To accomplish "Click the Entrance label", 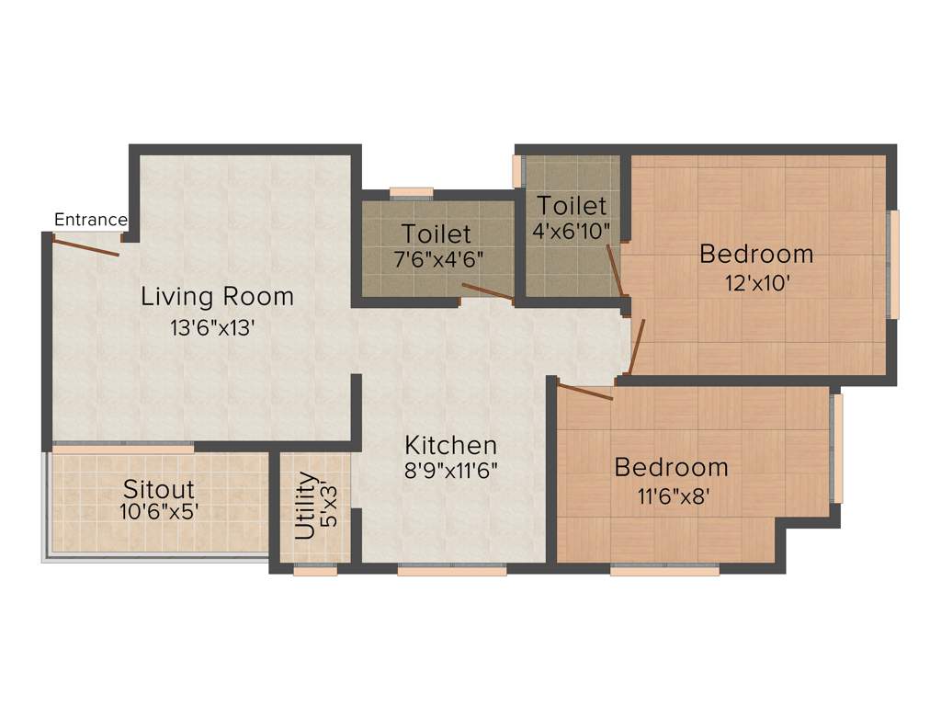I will pyautogui.click(x=90, y=220).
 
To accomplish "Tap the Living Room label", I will pyautogui.click(x=217, y=297).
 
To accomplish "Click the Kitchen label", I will pyautogui.click(x=451, y=446).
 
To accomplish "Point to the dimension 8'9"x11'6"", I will pyautogui.click(x=451, y=474).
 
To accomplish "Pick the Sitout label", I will pyautogui.click(x=159, y=487).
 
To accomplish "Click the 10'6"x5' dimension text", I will pyautogui.click(x=159, y=512).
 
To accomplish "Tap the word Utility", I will pyautogui.click(x=306, y=506).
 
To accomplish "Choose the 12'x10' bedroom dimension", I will pyautogui.click(x=757, y=283).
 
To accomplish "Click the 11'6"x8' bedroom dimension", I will pyautogui.click(x=671, y=497).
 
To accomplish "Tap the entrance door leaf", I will pyautogui.click(x=85, y=245).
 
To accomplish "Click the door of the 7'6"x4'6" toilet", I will pyautogui.click(x=487, y=292).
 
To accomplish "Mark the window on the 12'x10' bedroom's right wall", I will pyautogui.click(x=893, y=265).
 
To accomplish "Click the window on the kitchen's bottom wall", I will pyautogui.click(x=451, y=571).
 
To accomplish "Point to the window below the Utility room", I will pyautogui.click(x=315, y=571).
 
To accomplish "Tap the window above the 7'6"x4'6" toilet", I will pyautogui.click(x=411, y=192).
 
